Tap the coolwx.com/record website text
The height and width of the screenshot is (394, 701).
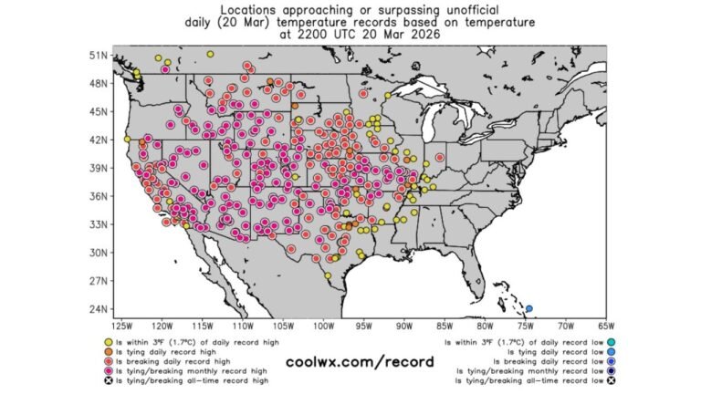(x=351, y=361)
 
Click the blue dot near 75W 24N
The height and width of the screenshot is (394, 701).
(x=529, y=308)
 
